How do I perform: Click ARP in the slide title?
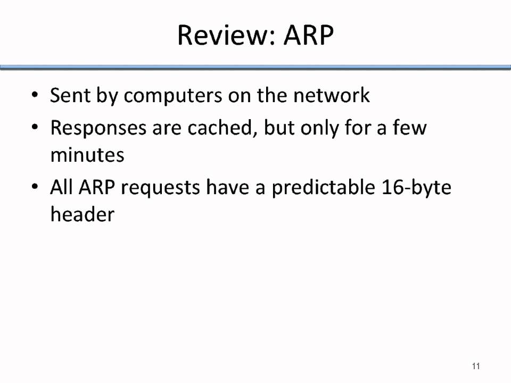click(x=308, y=35)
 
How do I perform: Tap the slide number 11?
click(x=476, y=366)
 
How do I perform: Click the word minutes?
click(x=87, y=155)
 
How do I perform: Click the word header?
click(x=82, y=214)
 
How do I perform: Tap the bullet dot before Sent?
click(x=35, y=96)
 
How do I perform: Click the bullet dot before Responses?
click(x=35, y=128)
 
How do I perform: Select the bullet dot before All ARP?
click(x=35, y=188)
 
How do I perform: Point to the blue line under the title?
click(x=256, y=67)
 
